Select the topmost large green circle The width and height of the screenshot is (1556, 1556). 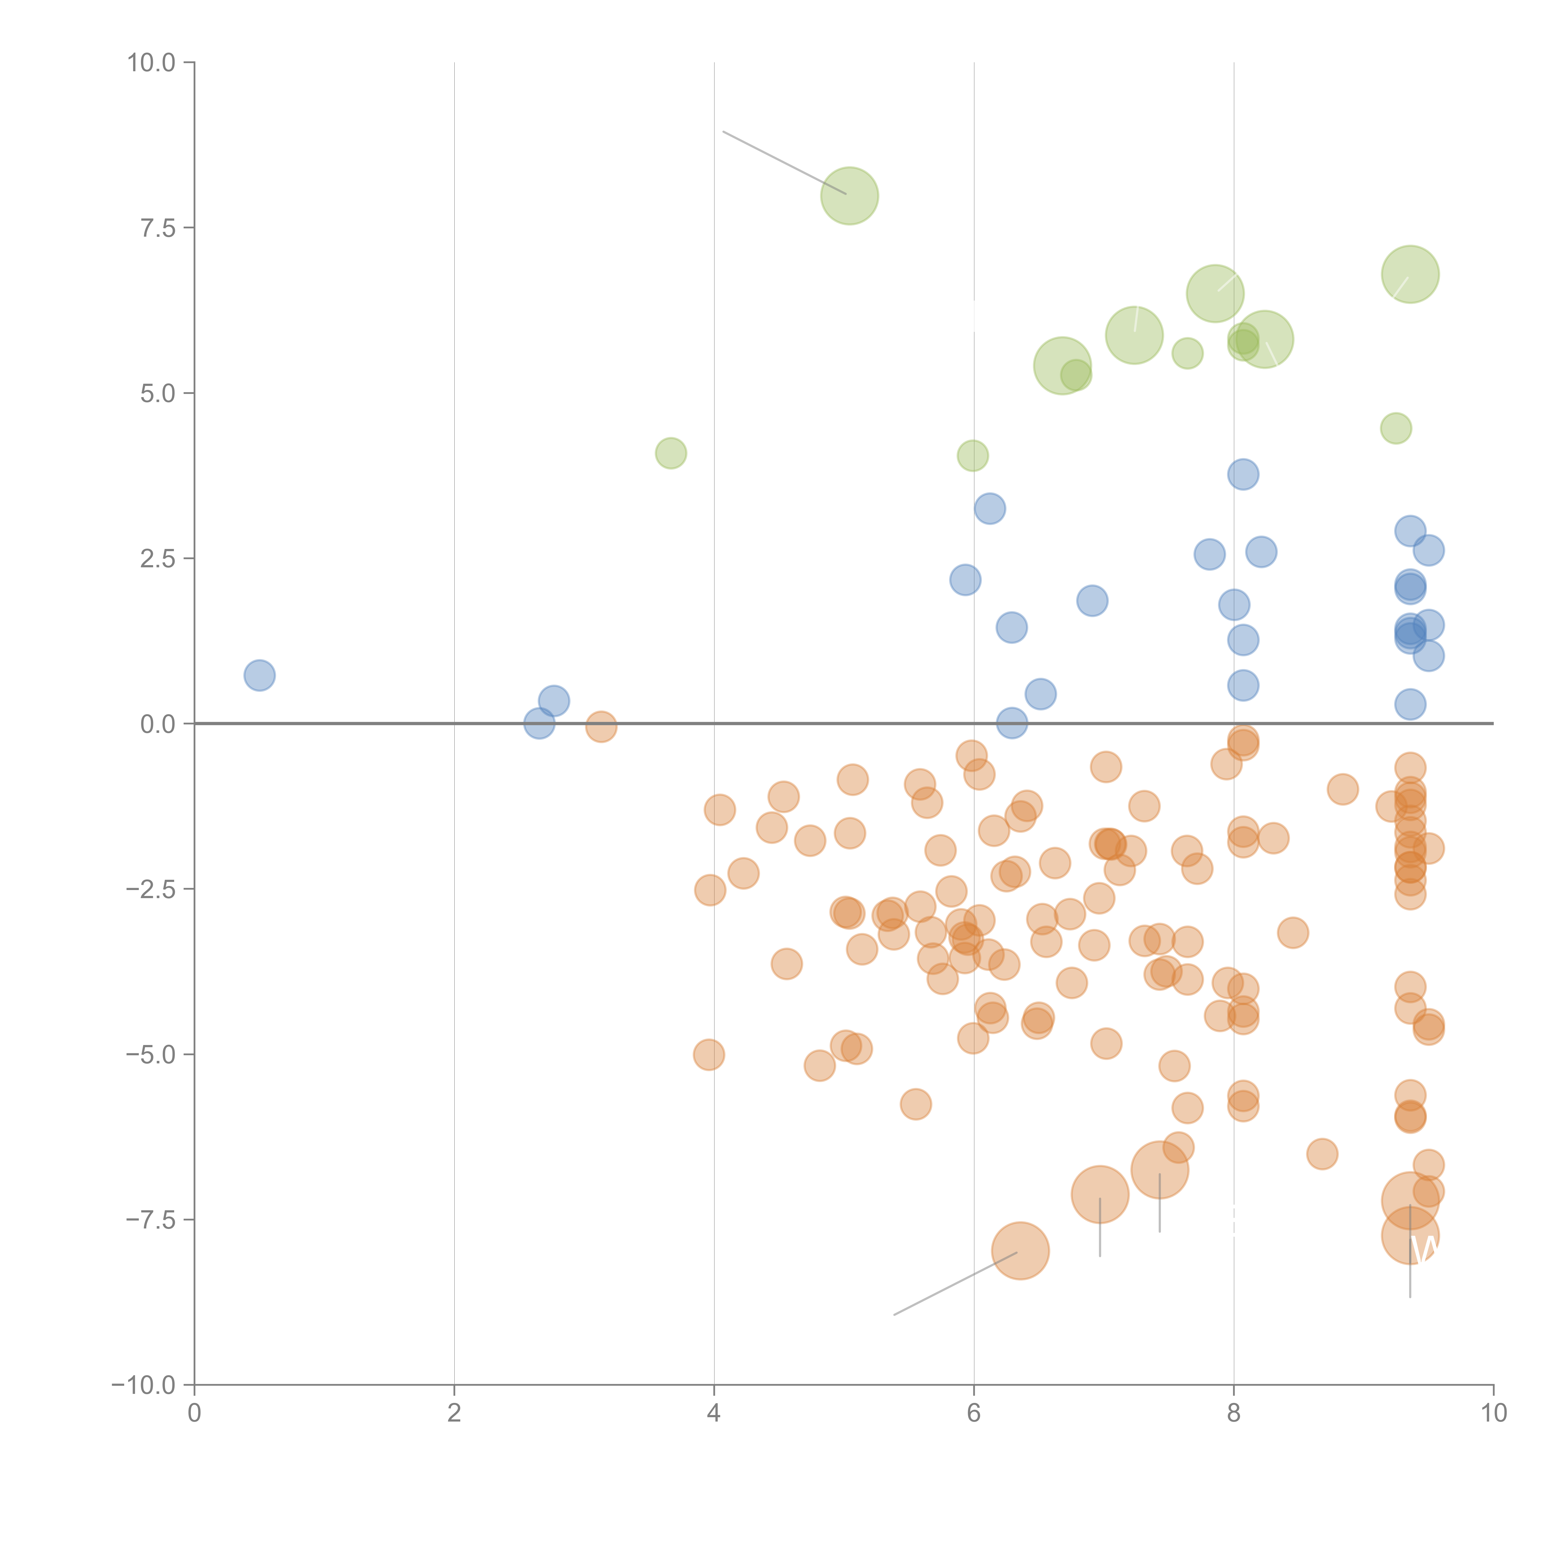point(849,196)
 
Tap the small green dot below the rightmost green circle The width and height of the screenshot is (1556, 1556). point(1396,428)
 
